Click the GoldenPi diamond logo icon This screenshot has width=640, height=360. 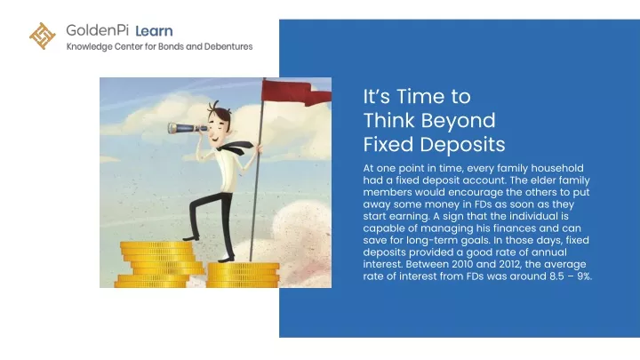click(x=43, y=36)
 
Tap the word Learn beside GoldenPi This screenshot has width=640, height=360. click(x=154, y=31)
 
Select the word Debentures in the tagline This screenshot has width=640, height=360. click(x=228, y=46)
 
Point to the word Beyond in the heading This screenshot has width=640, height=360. click(x=459, y=121)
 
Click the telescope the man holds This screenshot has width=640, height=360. click(x=188, y=128)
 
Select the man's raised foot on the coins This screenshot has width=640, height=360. click(x=191, y=237)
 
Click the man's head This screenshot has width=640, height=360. click(x=220, y=121)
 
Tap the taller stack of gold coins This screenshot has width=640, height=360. click(x=160, y=265)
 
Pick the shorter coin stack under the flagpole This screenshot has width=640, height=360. click(x=243, y=275)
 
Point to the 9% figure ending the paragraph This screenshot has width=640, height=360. click(x=584, y=276)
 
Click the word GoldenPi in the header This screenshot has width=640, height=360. click(x=97, y=30)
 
